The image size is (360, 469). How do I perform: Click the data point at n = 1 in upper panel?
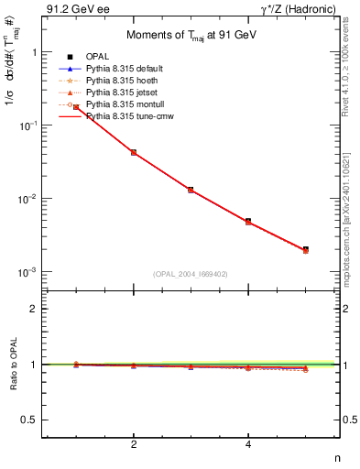tap(76, 107)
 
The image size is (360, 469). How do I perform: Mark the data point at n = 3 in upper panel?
tap(191, 190)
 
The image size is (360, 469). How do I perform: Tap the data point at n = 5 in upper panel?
tap(305, 249)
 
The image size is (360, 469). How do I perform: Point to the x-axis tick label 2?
tap(134, 445)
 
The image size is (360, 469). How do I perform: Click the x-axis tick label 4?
tap(248, 445)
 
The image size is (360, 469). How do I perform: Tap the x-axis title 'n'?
tap(337, 460)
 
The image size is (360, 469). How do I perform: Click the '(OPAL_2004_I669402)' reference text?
tap(191, 273)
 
